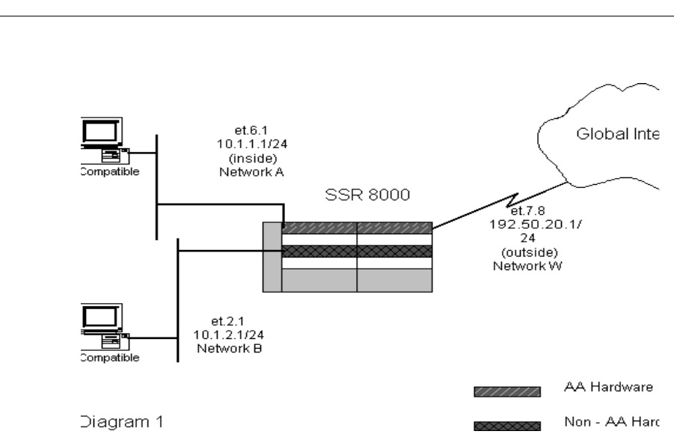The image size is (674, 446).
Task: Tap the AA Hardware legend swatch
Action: (x=507, y=390)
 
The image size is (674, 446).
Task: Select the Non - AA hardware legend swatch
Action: (x=507, y=426)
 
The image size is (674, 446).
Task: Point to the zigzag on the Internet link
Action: (x=513, y=201)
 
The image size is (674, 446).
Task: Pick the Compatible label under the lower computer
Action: (x=108, y=357)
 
